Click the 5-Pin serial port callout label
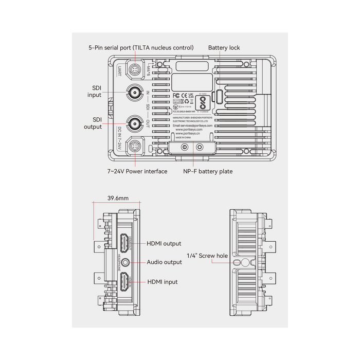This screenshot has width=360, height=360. [141, 48]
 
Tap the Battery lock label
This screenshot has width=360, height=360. [224, 48]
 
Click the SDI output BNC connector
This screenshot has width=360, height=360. [135, 123]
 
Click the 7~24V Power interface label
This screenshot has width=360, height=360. [137, 171]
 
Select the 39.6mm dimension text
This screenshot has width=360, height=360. [118, 197]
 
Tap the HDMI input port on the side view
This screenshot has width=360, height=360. [125, 282]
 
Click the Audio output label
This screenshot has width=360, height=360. [164, 262]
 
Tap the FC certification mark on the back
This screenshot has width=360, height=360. [176, 95]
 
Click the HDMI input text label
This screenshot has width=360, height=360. [162, 282]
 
